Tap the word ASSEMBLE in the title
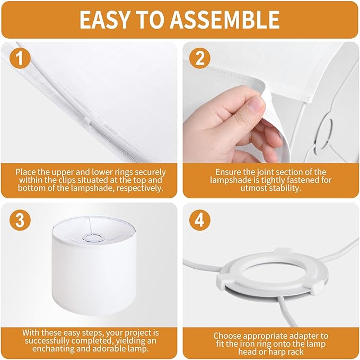pyautogui.click(x=225, y=20)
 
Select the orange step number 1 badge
pyautogui.click(x=20, y=58)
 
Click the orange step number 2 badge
pyautogui.click(x=200, y=58)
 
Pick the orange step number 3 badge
pyautogui.click(x=20, y=220)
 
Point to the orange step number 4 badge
pyautogui.click(x=200, y=220)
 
